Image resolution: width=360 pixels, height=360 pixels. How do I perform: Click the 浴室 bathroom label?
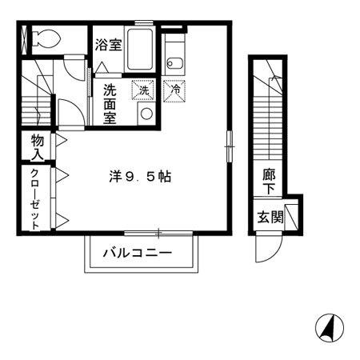[x=108, y=45]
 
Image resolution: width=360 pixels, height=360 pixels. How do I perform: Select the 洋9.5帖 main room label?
[x=140, y=177]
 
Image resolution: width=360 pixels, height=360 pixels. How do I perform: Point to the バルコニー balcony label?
[x=138, y=254]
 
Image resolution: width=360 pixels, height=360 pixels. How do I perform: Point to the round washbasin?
[x=146, y=114]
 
